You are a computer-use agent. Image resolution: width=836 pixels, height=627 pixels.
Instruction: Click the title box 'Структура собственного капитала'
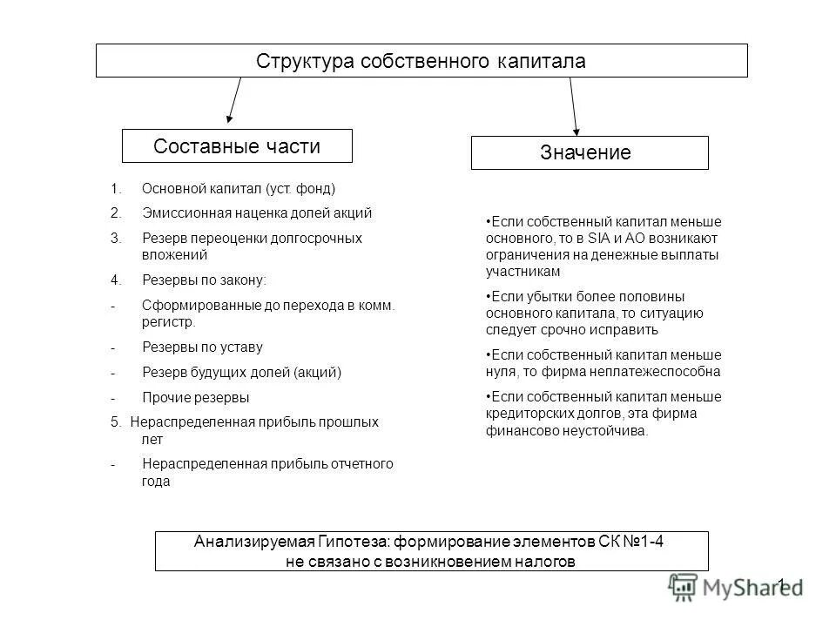(421, 61)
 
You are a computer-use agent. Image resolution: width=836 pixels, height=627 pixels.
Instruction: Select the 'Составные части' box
(237, 146)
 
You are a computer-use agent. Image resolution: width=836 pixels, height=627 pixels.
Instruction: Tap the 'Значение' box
(590, 153)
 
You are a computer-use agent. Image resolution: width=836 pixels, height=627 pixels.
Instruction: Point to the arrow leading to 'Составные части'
(233, 101)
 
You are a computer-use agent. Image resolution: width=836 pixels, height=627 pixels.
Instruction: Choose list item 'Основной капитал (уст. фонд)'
(238, 188)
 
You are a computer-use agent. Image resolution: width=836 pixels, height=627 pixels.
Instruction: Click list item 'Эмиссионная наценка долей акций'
(257, 212)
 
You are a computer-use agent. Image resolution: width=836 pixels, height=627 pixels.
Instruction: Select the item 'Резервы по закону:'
(205, 280)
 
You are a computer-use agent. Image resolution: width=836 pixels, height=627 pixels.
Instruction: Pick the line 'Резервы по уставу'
(202, 347)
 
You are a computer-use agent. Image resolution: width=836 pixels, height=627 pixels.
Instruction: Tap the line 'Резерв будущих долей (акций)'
(241, 373)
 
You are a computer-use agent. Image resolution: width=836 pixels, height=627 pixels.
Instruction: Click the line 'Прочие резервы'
(195, 398)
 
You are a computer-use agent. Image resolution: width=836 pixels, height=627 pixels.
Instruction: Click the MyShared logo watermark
(736, 586)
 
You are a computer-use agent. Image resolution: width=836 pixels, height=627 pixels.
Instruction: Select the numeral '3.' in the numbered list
(116, 238)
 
